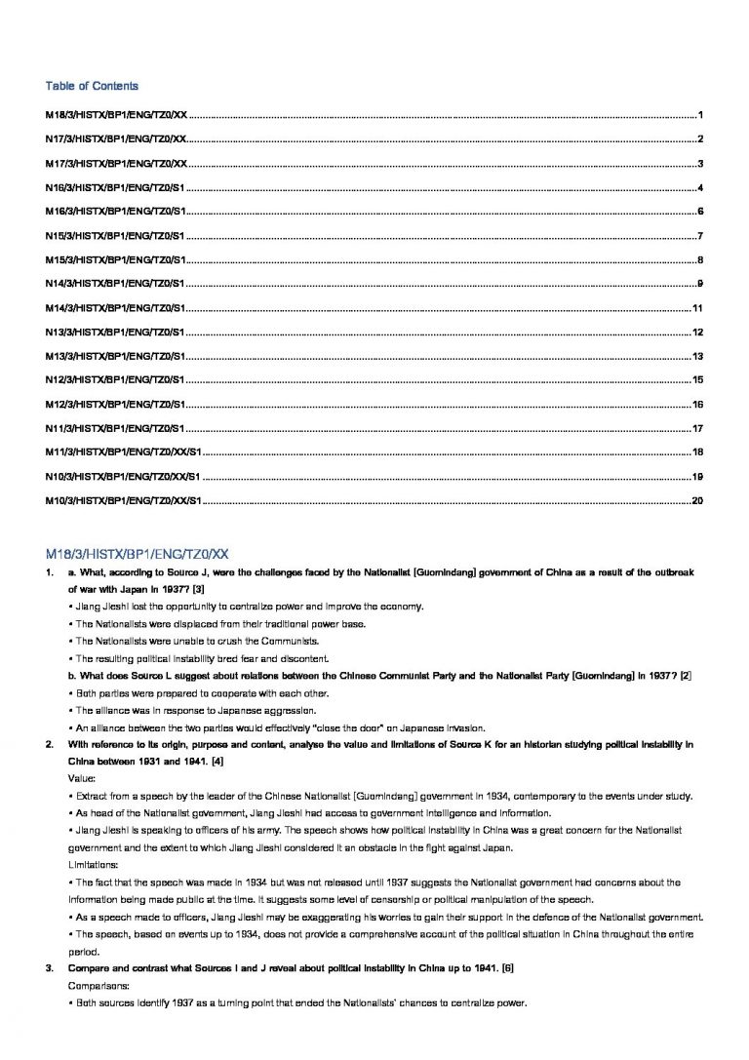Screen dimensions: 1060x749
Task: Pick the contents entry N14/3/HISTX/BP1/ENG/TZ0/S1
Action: coord(115,284)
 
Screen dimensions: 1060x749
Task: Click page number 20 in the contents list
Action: coord(697,501)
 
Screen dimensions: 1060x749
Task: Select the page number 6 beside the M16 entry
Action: coord(700,212)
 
